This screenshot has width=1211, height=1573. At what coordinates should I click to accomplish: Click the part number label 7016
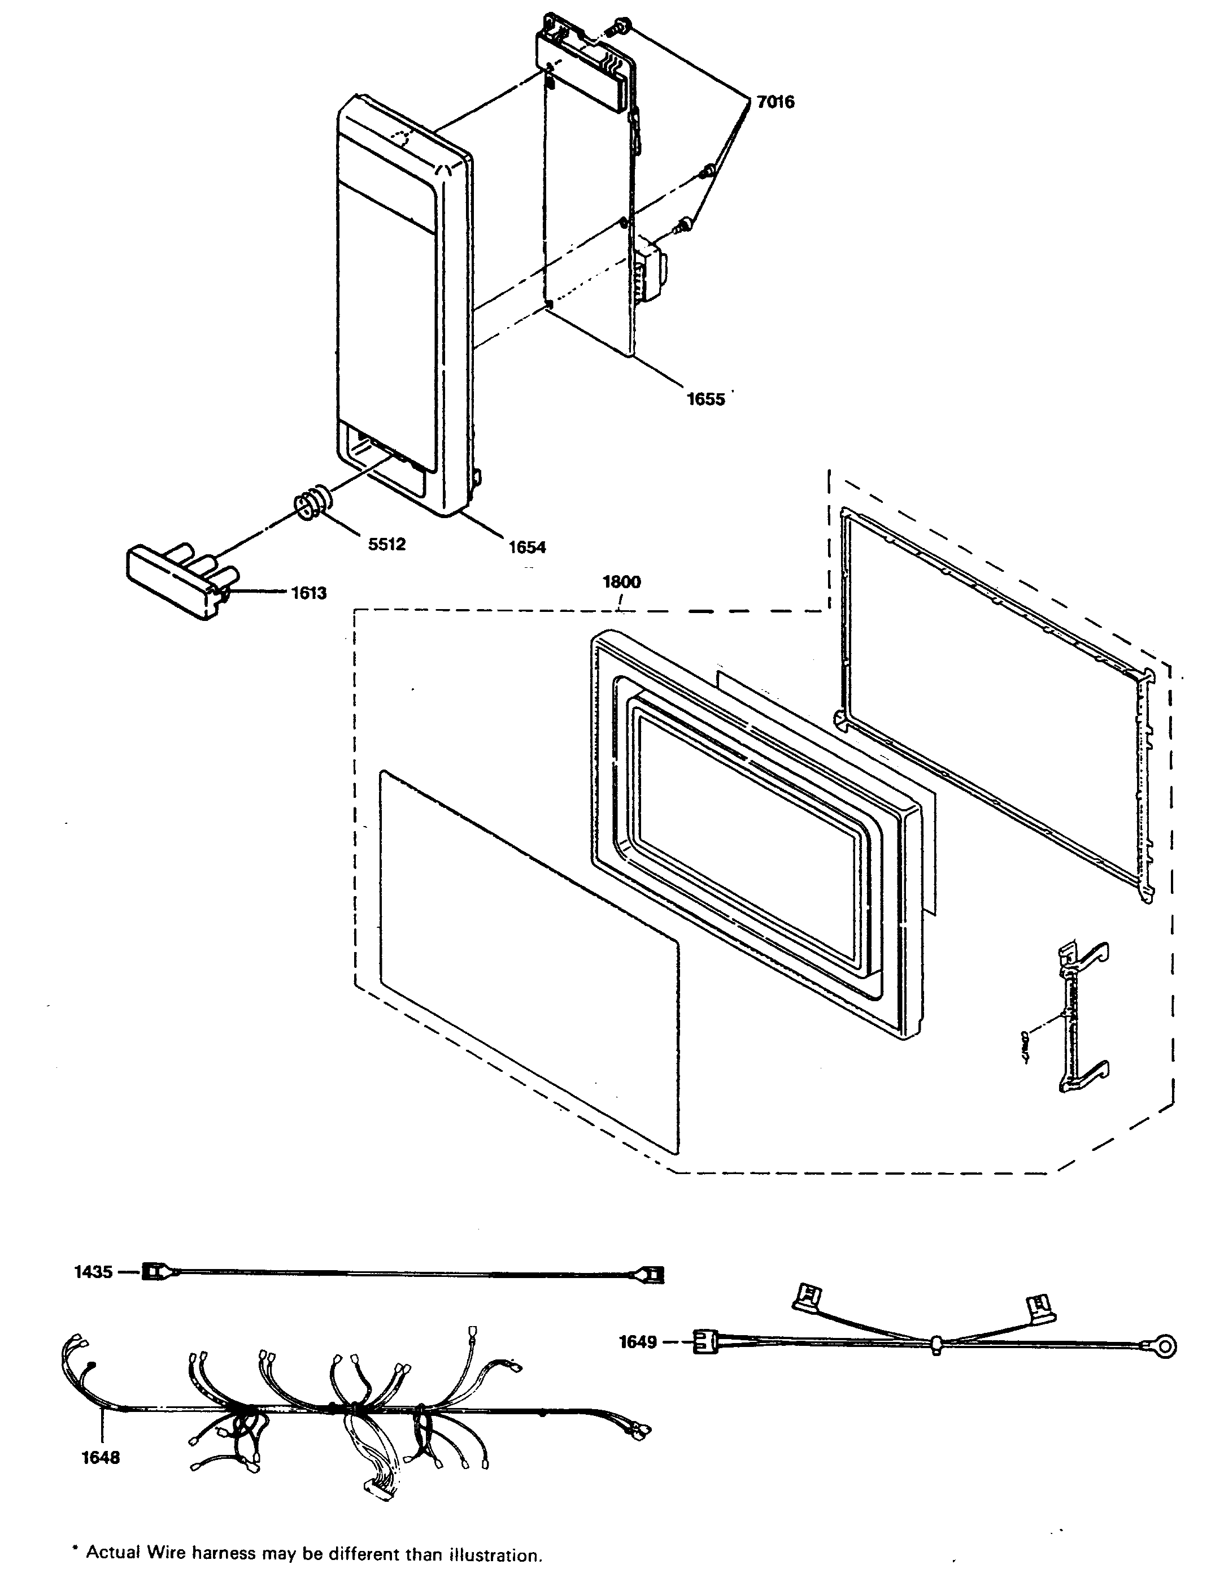click(x=775, y=102)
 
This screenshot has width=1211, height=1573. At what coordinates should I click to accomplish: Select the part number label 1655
click(x=705, y=399)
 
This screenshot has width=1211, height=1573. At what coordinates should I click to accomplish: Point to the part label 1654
click(x=527, y=547)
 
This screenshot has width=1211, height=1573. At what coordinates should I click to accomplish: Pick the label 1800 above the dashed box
click(x=621, y=582)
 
